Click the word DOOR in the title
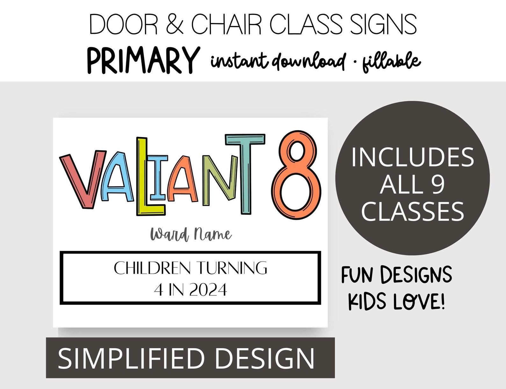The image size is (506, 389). pyautogui.click(x=124, y=25)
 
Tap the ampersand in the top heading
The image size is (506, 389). pyautogui.click(x=175, y=25)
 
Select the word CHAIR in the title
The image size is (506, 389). pyautogui.click(x=226, y=25)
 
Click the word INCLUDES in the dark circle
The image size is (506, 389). pyautogui.click(x=413, y=157)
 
